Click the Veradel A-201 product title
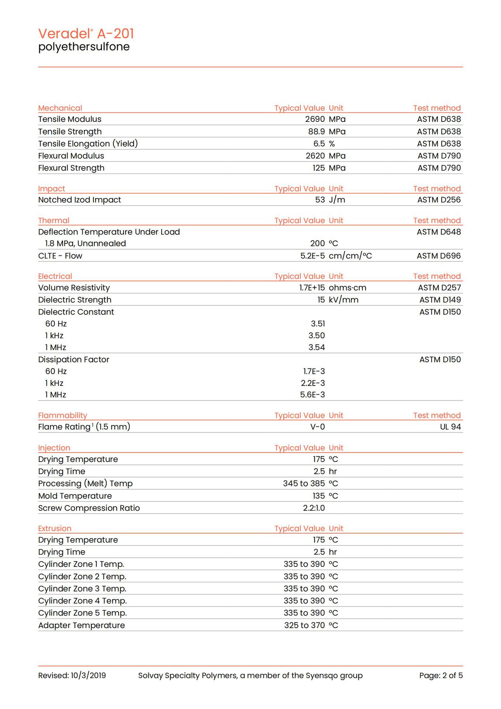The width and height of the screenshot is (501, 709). click(86, 34)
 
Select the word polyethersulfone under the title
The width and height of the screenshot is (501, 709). click(84, 47)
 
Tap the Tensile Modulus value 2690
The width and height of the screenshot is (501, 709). click(315, 119)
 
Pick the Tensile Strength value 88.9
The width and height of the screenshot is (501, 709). click(316, 131)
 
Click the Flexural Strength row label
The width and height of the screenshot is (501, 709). click(71, 168)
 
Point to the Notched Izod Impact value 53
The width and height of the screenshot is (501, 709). click(320, 200)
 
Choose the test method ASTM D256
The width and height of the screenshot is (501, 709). click(439, 200)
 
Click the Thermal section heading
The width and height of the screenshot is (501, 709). click(54, 220)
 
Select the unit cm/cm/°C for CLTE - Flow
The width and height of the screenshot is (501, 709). click(350, 256)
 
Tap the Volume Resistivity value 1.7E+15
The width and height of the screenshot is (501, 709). click(312, 288)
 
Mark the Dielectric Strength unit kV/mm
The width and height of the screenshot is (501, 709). click(343, 300)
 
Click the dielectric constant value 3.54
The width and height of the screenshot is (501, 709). click(316, 347)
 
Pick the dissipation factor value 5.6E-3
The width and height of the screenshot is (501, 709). click(312, 395)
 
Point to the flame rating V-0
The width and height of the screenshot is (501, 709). click(318, 427)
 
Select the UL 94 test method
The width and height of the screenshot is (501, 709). click(450, 427)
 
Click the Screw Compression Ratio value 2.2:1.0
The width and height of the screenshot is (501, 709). click(314, 508)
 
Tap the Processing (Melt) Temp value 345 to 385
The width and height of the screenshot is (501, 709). click(304, 483)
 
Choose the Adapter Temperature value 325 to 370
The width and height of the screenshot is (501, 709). click(304, 625)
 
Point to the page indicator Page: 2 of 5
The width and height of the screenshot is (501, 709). click(440, 675)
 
